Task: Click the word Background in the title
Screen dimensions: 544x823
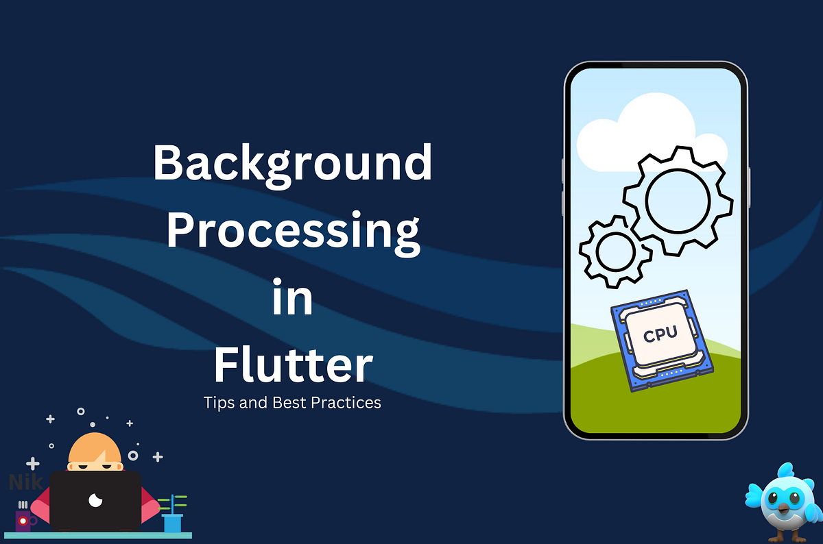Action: (x=292, y=164)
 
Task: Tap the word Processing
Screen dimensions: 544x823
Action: (x=292, y=232)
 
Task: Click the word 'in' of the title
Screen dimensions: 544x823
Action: (x=292, y=299)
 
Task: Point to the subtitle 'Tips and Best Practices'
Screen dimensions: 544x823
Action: (x=292, y=402)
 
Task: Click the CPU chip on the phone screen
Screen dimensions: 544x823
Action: (x=659, y=342)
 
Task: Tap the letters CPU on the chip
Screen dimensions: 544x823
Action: (x=660, y=334)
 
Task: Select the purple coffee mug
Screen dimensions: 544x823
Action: (x=23, y=521)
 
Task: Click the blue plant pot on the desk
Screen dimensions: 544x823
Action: (x=172, y=523)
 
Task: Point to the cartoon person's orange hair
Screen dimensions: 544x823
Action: (x=94, y=449)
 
